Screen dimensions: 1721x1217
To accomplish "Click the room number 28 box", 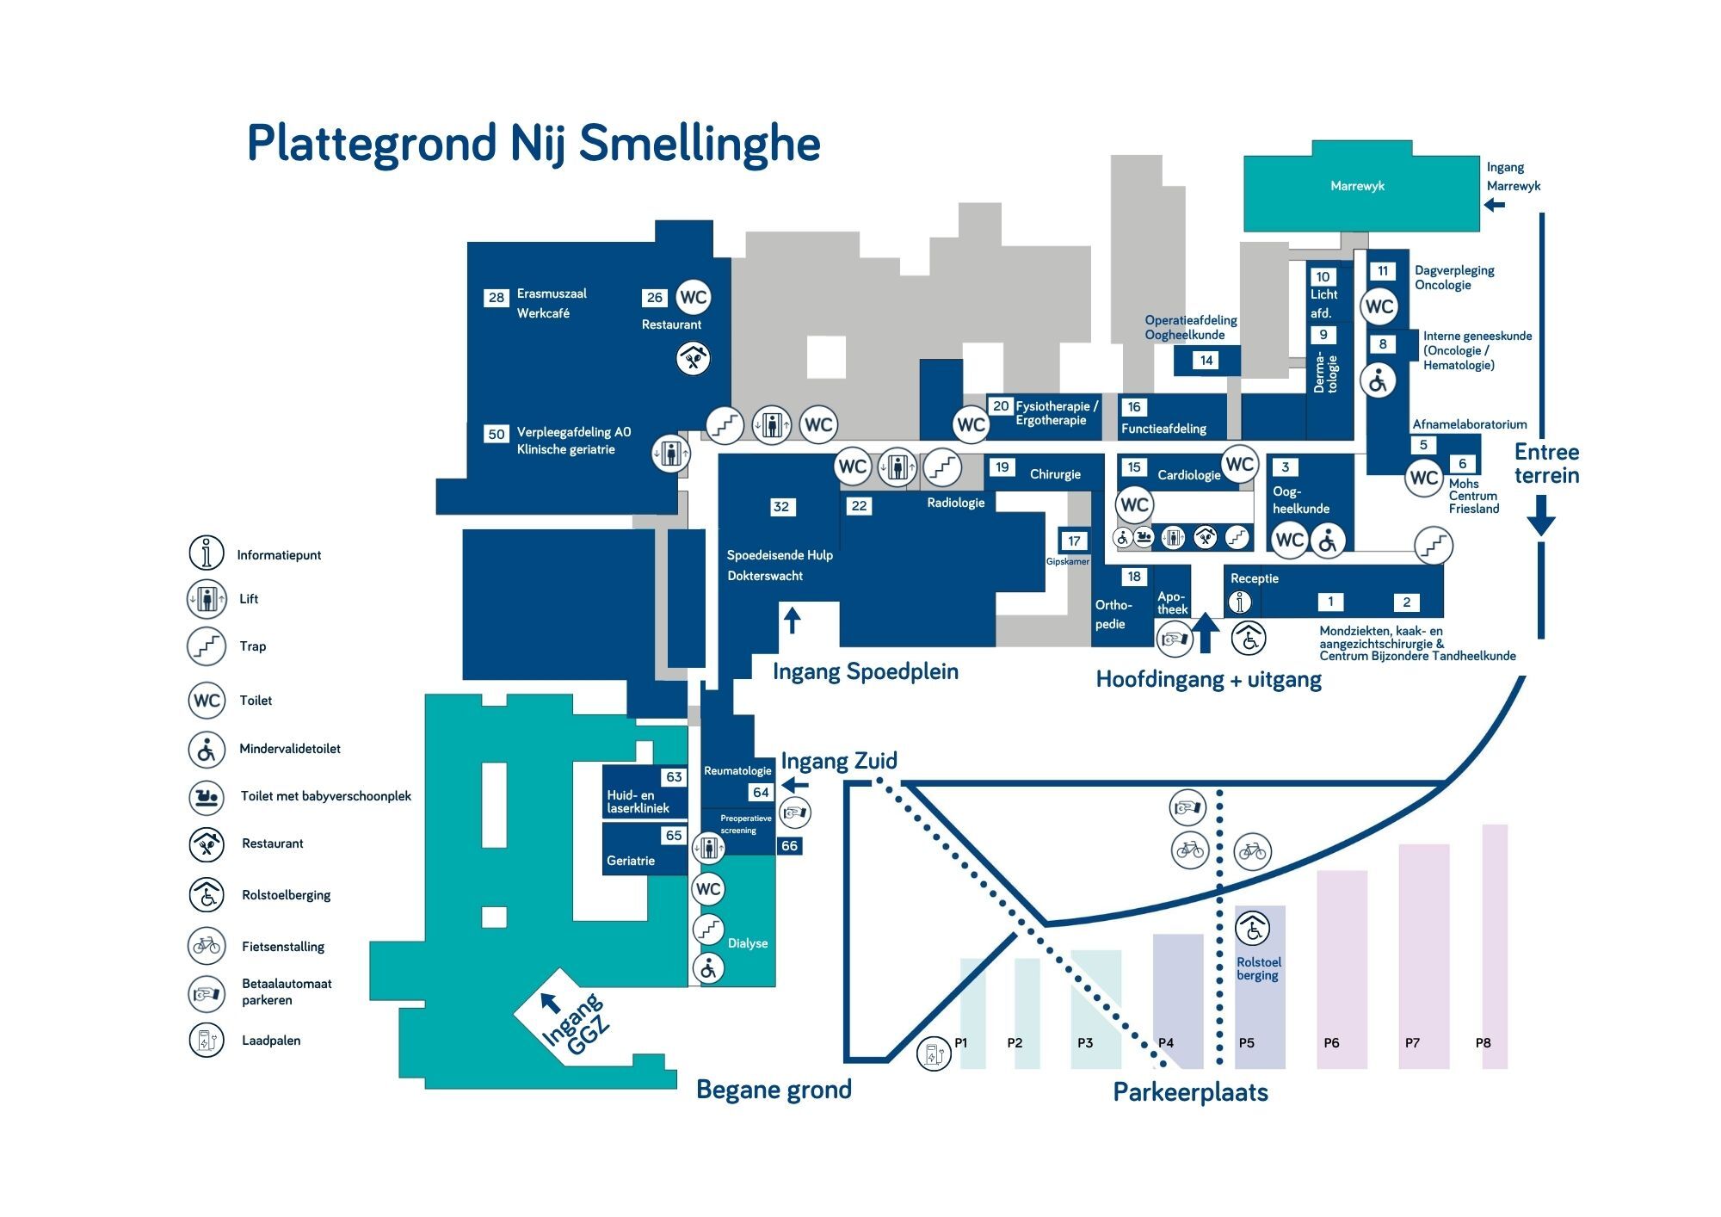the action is coord(497,298).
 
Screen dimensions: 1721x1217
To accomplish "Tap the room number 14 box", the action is coord(1206,361).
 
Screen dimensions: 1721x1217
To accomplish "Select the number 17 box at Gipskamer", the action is coord(1074,541).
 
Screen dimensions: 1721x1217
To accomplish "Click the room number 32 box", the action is coord(781,507).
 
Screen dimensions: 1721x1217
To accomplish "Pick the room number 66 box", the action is coord(790,846).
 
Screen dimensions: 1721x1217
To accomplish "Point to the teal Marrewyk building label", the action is coord(1357,186).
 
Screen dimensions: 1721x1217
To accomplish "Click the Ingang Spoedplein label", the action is coord(866,671).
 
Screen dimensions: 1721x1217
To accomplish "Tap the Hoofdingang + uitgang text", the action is coord(1208,679).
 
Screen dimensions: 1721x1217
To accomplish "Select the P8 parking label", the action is coord(1484,1043).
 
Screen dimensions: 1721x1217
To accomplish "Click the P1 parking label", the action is coord(961,1043).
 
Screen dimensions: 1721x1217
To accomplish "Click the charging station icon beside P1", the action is coord(934,1053).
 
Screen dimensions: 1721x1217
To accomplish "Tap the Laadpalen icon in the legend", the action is coord(207,1040).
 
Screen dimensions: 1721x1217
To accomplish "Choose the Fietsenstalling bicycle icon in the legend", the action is coord(207,946).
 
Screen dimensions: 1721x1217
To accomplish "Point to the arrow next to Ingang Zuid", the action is coord(795,785).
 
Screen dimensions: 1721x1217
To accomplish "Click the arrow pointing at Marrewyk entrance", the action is coord(1495,205).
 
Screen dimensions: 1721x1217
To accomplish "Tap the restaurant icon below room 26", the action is coord(693,358).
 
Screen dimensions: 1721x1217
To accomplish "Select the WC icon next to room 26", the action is coord(694,298).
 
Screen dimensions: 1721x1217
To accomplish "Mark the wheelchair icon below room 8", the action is coord(1379,380).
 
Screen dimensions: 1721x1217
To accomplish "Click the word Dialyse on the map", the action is coord(748,943).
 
